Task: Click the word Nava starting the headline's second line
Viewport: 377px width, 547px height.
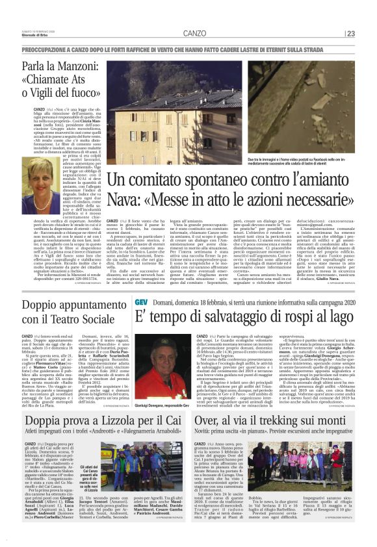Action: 123,199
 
